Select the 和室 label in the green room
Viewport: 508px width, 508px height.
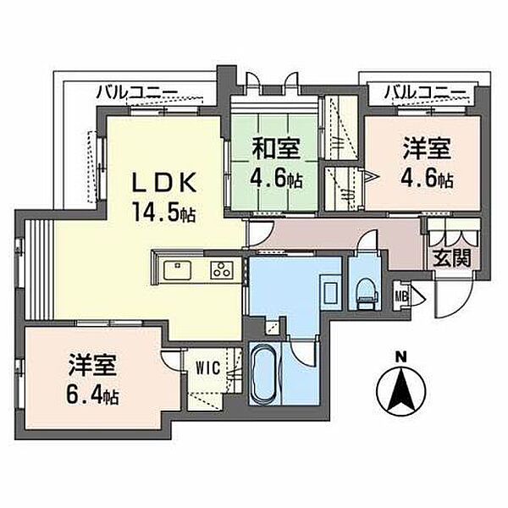click(x=276, y=148)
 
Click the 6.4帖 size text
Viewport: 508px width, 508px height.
click(x=92, y=394)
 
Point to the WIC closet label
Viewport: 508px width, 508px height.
click(x=209, y=367)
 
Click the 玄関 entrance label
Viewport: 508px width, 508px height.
click(x=452, y=258)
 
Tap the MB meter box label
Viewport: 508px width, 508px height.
click(x=400, y=295)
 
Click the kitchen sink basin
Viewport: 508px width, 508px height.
click(x=177, y=270)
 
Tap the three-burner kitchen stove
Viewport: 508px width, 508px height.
click(x=222, y=270)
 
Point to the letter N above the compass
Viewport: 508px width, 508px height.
click(x=401, y=357)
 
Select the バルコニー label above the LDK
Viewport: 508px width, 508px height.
click(x=137, y=92)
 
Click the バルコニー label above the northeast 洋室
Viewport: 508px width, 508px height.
click(x=424, y=92)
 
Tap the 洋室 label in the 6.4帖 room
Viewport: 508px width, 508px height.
click(x=92, y=366)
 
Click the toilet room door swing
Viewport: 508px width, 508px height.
click(x=367, y=240)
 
